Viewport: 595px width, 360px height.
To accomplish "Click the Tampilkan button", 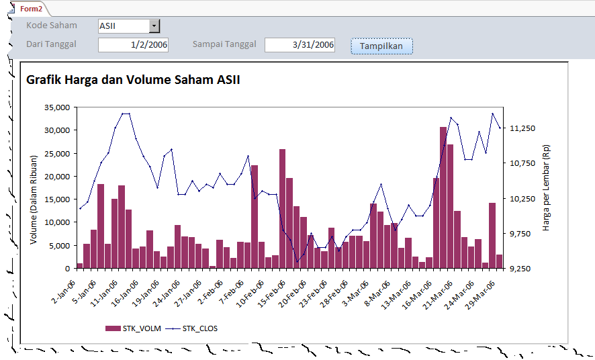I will (x=381, y=46).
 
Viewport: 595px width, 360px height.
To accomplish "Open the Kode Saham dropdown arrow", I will (x=154, y=26).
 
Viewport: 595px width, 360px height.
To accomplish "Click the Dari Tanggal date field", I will (x=133, y=45).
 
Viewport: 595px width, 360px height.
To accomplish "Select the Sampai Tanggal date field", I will (x=300, y=45).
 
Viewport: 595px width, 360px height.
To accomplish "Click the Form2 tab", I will (x=31, y=9).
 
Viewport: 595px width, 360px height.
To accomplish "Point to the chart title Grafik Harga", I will (x=133, y=80).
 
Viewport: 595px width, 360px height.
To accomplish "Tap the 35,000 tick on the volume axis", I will (x=56, y=107).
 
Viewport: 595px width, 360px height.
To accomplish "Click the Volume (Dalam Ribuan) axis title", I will (x=34, y=199).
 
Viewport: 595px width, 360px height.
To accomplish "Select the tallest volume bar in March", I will (x=443, y=195).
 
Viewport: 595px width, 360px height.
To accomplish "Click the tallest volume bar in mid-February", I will (x=283, y=208).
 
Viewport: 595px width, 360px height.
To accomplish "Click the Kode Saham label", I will (x=52, y=26).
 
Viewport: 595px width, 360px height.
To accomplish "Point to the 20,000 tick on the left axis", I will (x=56, y=177).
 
